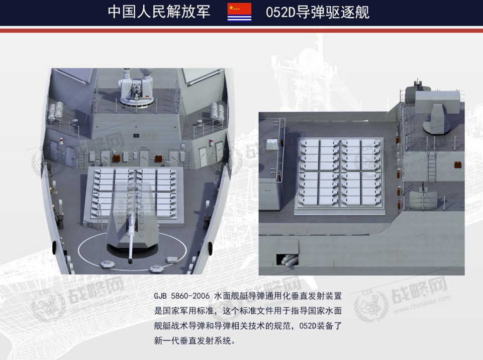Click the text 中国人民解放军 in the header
tap(159, 12)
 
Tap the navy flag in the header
tap(239, 13)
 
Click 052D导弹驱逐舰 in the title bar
tap(318, 13)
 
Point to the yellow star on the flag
tap(231, 8)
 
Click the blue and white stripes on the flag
tap(239, 19)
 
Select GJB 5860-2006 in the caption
tap(182, 296)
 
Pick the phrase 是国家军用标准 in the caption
tap(184, 311)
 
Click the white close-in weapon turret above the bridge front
tap(136, 88)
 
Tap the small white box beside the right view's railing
tap(272, 145)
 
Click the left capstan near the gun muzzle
tap(108, 264)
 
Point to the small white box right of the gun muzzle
tap(172, 259)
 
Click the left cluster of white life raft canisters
tap(55, 111)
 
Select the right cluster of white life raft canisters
tap(218, 112)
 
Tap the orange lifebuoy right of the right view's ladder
tap(458, 164)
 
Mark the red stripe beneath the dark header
tap(241, 30)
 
